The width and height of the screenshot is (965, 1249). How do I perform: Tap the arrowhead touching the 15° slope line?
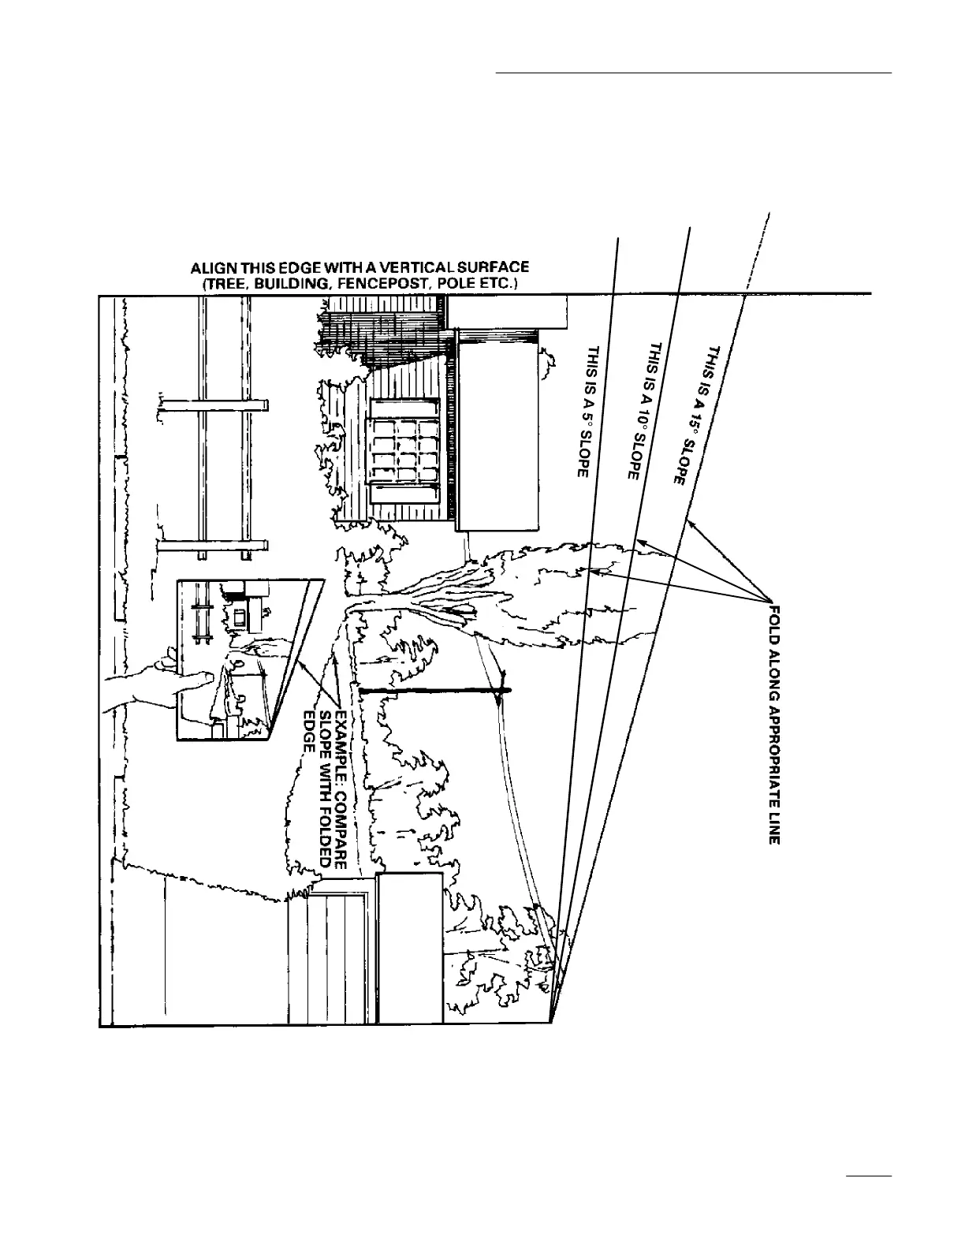691,521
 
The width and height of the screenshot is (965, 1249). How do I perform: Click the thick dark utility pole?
434,691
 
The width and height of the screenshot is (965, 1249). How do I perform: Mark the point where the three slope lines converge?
550,1022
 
